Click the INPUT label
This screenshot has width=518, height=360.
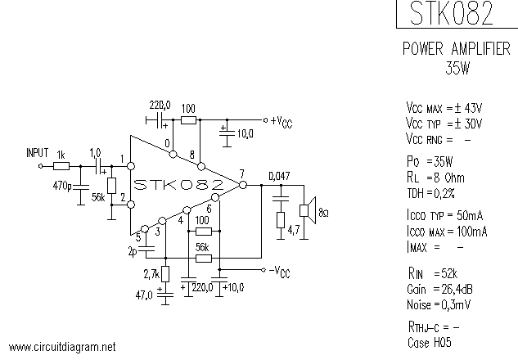(38, 152)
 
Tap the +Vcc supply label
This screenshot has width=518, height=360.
(280, 120)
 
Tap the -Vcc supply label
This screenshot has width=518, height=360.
(280, 271)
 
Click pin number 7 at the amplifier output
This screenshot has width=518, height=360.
(241, 173)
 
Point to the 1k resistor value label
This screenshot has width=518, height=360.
(61, 154)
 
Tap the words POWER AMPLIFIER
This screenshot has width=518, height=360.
(457, 51)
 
